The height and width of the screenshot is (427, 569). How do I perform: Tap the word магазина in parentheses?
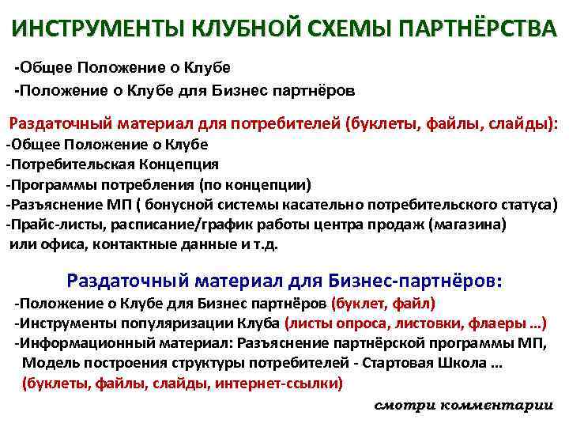(x=468, y=224)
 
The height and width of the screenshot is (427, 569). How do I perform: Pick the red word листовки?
(x=407, y=323)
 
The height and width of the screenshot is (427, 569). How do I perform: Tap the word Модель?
(x=47, y=363)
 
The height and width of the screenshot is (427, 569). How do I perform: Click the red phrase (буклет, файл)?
(x=383, y=303)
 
